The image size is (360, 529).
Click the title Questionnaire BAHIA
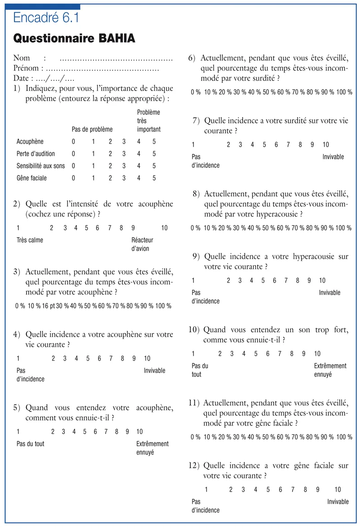pos(74,38)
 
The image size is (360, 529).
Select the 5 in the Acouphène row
pos(154,142)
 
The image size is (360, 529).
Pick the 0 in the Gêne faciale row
pos(73,178)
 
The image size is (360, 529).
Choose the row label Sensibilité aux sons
pos(40,166)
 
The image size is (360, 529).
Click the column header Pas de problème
pos(92,129)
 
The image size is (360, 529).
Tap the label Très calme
pos(30,240)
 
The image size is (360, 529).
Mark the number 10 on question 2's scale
pos(164,228)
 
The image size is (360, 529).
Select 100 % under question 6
pos(344,92)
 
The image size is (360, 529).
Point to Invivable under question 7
pos(333,157)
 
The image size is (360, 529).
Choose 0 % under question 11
pos(195,437)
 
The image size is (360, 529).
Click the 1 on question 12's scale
pos(206,490)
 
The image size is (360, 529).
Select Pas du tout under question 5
pos(30,443)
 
